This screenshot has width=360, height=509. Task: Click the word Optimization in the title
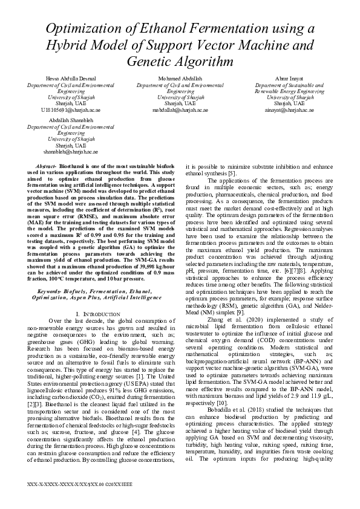tap(87, 28)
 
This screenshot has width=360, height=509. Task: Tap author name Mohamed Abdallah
tap(180, 79)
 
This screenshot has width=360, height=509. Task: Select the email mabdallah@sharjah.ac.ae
tap(180, 110)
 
